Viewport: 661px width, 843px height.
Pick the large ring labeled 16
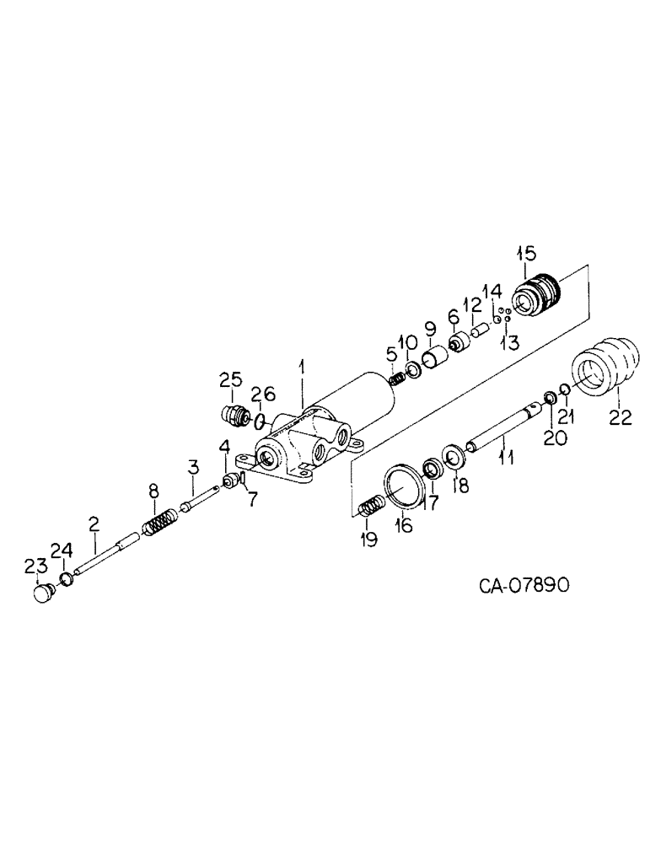click(x=402, y=486)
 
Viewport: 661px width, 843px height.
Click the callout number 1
click(x=303, y=368)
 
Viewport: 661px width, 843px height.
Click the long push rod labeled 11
click(x=497, y=427)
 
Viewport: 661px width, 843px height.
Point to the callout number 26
click(x=265, y=392)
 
